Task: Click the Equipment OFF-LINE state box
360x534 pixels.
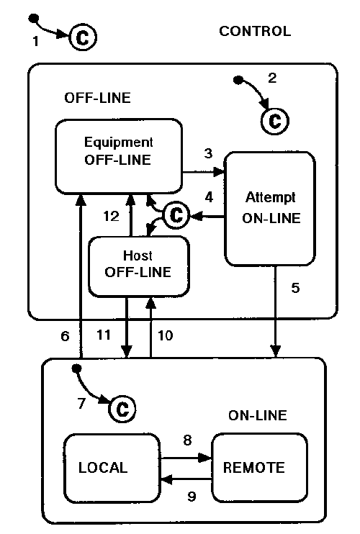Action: tap(118, 155)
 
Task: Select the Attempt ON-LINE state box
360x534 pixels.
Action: tap(270, 208)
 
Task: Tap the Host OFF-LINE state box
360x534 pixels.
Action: tap(138, 265)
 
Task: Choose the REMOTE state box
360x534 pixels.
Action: tap(254, 467)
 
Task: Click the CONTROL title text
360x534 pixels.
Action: tap(255, 31)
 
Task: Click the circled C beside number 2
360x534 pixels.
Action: tap(274, 117)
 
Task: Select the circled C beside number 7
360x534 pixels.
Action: tap(122, 409)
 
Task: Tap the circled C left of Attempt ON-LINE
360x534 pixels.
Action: tap(176, 214)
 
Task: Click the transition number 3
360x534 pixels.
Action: tap(208, 153)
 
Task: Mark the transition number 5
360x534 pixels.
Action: tap(295, 289)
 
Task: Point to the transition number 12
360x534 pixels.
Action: tap(110, 215)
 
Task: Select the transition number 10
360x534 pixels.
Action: tap(165, 335)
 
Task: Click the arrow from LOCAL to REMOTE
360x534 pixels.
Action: tap(185, 458)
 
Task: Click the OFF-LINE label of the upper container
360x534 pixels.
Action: tap(98, 96)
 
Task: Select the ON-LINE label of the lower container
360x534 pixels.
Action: tap(257, 415)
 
